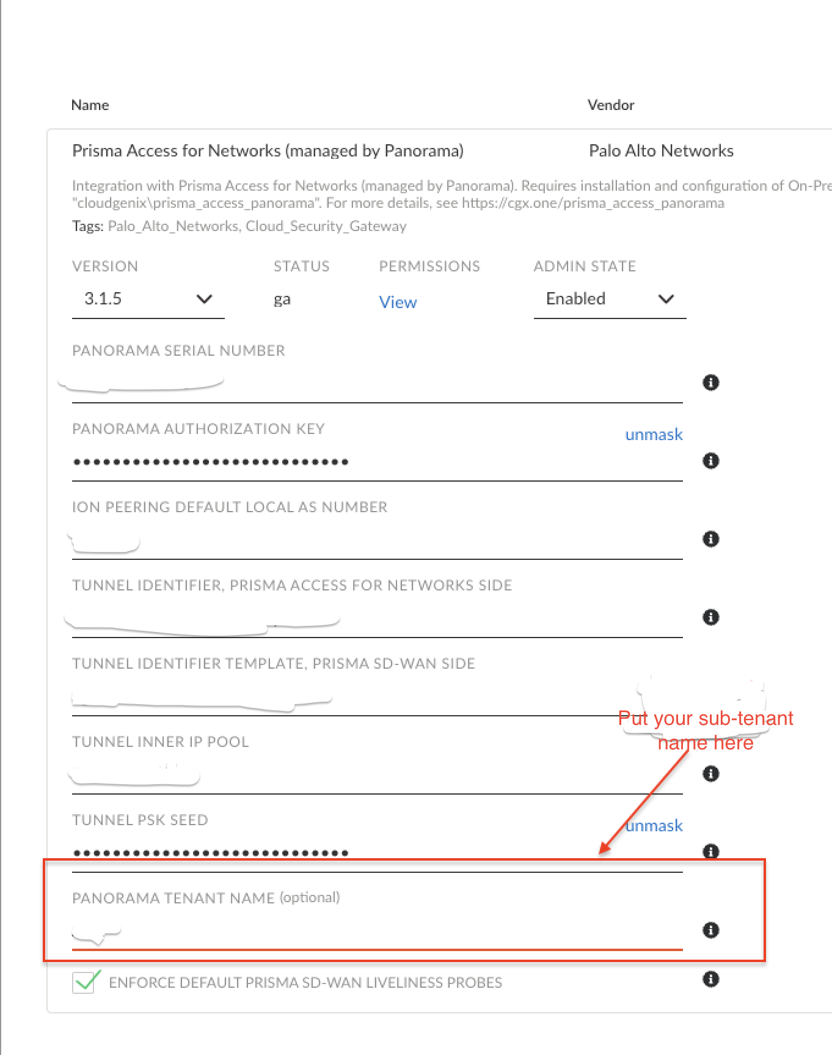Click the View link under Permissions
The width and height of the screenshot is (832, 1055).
coord(398,302)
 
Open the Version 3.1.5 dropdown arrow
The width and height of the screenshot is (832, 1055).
coord(204,299)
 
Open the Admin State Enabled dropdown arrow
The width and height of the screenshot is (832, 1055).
coord(666,299)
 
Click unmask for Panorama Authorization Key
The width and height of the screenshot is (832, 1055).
coord(654,435)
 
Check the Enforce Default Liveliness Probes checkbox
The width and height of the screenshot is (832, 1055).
coord(84,982)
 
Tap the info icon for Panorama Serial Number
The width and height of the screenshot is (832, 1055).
coord(710,383)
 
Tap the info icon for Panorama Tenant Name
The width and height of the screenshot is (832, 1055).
coord(710,930)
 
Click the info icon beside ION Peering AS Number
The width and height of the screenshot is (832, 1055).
coord(710,539)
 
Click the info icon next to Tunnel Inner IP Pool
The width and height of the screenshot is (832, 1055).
coord(710,774)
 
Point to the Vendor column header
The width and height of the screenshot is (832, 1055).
coord(611,105)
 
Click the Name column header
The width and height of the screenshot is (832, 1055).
coord(90,105)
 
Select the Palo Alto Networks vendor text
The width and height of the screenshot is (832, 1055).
coord(661,151)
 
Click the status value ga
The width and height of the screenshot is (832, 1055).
coord(282,300)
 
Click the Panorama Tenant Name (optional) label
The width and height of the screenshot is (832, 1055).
coord(206,898)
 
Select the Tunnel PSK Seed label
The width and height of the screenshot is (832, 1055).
coord(140,820)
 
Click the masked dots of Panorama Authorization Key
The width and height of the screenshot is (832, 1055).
coord(210,462)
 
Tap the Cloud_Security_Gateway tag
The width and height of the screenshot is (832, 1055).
coord(326,226)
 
